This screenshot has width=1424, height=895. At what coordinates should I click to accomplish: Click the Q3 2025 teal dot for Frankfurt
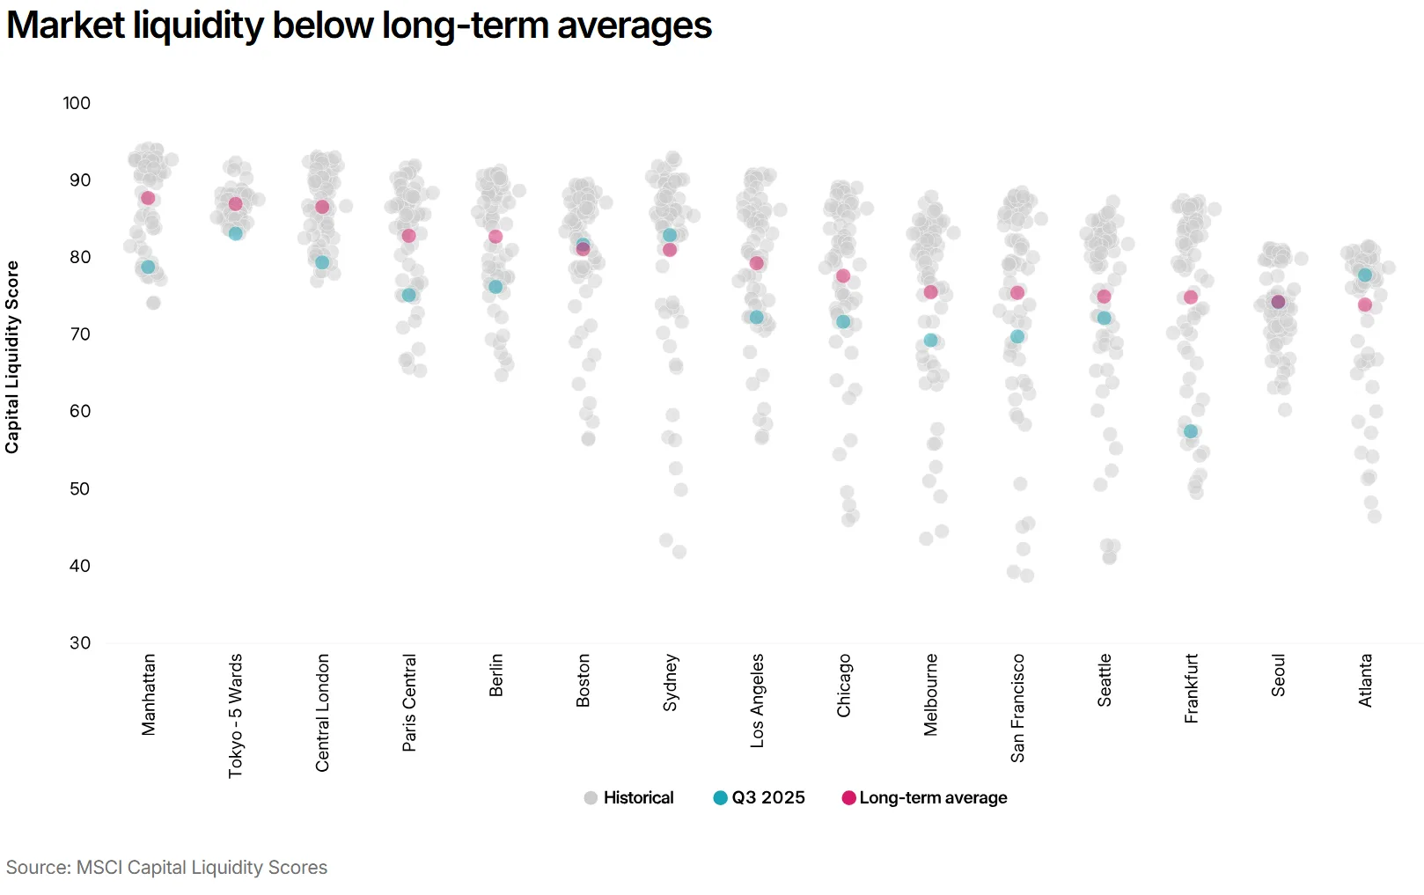[x=1191, y=431]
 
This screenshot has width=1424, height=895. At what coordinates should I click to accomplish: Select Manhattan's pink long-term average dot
[x=148, y=198]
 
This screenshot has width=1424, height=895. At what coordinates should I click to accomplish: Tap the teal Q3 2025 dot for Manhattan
[x=148, y=267]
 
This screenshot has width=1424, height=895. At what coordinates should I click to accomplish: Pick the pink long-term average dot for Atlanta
[x=1365, y=304]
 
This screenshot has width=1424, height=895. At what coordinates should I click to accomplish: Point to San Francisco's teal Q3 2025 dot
[x=1017, y=336]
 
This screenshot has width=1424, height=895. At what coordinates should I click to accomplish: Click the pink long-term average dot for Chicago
[x=843, y=275]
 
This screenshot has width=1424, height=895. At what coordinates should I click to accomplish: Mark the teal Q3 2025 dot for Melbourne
[x=931, y=340]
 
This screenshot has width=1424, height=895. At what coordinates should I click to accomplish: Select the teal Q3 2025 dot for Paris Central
[x=409, y=295]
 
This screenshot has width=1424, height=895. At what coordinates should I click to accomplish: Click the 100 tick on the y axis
[x=77, y=103]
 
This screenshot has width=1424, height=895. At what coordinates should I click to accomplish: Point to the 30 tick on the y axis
[x=80, y=642]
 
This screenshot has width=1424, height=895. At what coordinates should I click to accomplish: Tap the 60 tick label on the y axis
[x=80, y=411]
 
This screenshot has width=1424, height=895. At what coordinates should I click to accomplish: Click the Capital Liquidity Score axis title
[x=12, y=356]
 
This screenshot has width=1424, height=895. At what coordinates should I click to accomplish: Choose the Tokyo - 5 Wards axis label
[x=235, y=715]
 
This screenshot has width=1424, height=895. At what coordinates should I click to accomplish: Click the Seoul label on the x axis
[x=1278, y=675]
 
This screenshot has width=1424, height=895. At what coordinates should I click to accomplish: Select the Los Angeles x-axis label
[x=757, y=701]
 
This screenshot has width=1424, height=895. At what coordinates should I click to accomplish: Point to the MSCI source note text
[x=166, y=867]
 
